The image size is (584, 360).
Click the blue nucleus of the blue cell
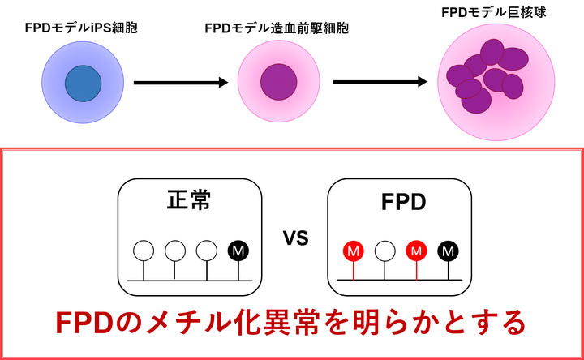(83, 84)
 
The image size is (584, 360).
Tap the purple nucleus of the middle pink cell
(278, 81)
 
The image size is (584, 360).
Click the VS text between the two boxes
(295, 240)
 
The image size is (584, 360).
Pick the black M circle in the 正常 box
(238, 251)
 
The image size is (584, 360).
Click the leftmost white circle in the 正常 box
(144, 251)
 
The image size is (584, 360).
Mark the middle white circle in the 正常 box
(175, 251)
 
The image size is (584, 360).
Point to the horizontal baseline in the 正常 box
(191, 281)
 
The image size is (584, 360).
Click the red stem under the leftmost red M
(353, 271)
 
